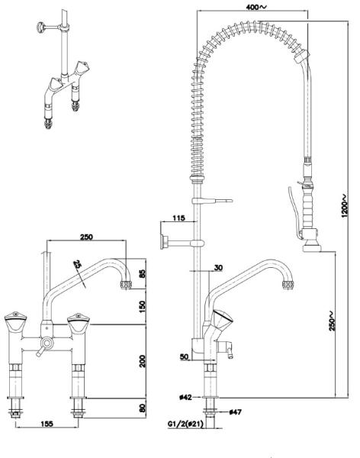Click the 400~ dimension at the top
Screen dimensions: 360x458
click(x=256, y=7)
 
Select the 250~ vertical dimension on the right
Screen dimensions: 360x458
click(x=332, y=321)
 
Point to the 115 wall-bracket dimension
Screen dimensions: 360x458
click(x=178, y=218)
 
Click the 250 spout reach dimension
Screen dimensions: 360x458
click(x=87, y=237)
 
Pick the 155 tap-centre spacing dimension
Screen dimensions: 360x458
click(x=47, y=424)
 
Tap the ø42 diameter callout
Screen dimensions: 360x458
click(x=185, y=397)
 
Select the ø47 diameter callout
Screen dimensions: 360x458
click(x=236, y=412)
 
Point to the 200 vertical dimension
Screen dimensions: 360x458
click(x=142, y=361)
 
